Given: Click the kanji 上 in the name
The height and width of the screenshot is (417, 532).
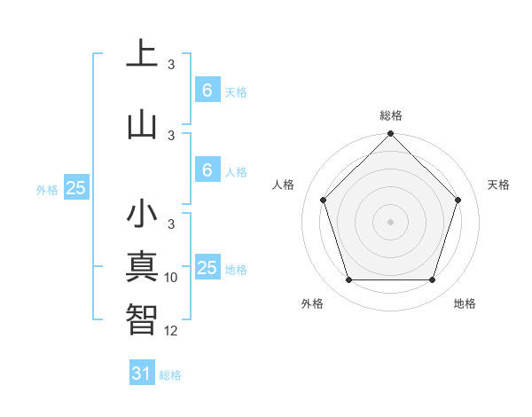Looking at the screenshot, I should click(x=142, y=54).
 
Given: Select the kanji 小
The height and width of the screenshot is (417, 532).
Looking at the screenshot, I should click(x=142, y=215).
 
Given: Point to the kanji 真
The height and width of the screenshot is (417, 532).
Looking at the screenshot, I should click(x=142, y=266).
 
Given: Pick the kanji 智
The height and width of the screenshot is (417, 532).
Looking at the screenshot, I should click(x=142, y=319).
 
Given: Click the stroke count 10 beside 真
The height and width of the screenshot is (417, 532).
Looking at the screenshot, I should click(x=171, y=278).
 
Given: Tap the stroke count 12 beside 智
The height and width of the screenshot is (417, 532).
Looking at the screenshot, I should click(x=171, y=330).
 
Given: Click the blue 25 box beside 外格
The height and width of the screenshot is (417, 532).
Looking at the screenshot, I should click(x=75, y=188).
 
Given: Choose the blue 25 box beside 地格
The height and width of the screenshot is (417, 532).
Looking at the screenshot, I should click(x=207, y=268).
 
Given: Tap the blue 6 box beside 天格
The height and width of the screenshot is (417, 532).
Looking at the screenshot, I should click(x=207, y=90).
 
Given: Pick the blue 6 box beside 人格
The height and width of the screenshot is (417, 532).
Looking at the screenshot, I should click(x=207, y=170).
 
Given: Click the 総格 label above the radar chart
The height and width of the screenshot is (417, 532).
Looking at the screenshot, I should click(x=391, y=115).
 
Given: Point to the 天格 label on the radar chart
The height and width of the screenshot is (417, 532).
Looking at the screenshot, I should click(x=499, y=185).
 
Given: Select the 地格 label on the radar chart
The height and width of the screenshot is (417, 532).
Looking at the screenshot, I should click(x=465, y=303).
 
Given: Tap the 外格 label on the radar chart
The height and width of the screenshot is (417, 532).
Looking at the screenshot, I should click(x=312, y=303).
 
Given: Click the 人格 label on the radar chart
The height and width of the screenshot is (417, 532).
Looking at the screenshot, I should click(x=284, y=185).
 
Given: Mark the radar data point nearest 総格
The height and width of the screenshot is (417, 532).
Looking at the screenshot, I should click(x=390, y=135).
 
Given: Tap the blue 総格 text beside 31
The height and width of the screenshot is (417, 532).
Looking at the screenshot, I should click(x=170, y=375).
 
